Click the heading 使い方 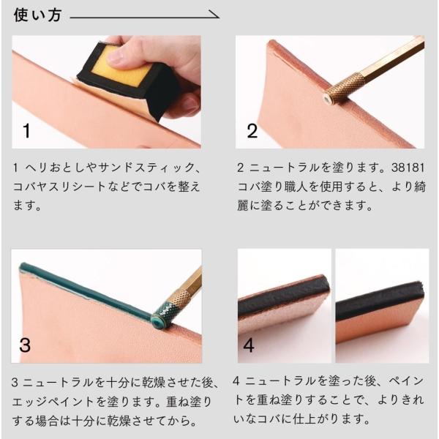pos(37,15)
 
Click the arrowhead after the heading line pos(215,15)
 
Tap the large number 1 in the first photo pos(26,131)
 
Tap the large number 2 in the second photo pos(252,131)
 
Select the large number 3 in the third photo pos(25,345)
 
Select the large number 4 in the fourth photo pos(249,345)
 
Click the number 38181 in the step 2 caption pos(408,168)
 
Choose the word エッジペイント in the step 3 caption pos(53,402)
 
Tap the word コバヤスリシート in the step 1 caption pos(59,187)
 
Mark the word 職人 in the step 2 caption pos(296,187)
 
